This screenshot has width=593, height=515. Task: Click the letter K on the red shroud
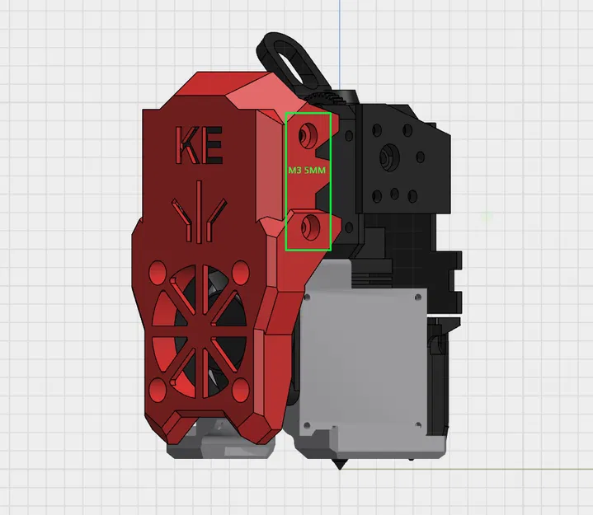coord(186,147)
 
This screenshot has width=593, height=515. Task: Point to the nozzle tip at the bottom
coord(338,466)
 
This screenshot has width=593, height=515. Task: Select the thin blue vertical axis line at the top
coord(339,33)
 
